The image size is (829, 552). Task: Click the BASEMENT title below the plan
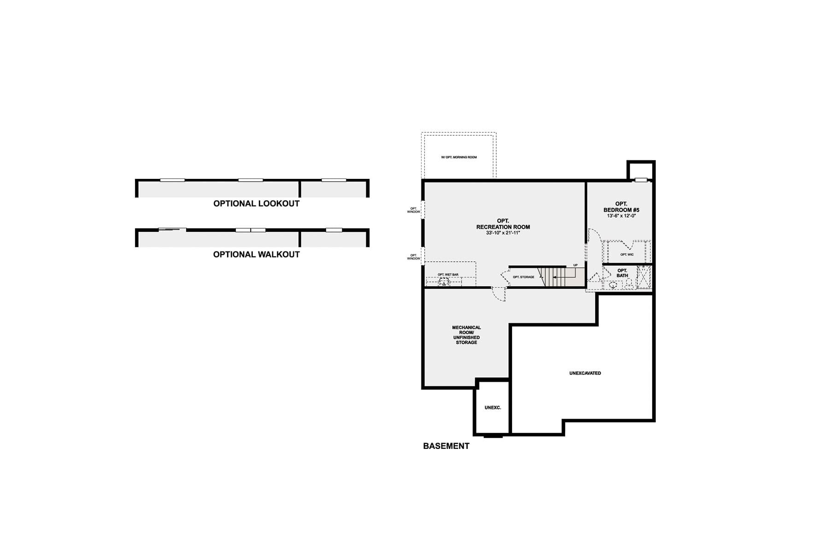tap(446, 446)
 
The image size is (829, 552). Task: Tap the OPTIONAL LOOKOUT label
tap(256, 203)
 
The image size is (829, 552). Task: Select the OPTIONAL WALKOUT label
tap(256, 254)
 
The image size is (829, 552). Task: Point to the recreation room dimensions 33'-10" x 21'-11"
tap(503, 233)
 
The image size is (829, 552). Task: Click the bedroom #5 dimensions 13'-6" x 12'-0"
tap(621, 216)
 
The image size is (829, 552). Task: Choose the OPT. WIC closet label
tap(627, 254)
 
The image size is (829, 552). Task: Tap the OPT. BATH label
tap(622, 273)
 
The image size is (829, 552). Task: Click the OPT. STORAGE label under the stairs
tap(524, 277)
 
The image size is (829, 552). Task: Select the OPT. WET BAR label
tap(448, 275)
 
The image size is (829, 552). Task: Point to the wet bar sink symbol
tap(444, 282)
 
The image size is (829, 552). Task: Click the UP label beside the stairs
tap(575, 265)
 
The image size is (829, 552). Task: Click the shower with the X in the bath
tap(643, 276)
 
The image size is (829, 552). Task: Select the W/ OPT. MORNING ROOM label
tap(459, 157)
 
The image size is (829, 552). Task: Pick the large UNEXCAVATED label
tap(585, 373)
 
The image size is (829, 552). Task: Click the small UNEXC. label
tap(493, 408)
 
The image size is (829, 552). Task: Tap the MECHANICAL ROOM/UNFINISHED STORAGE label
tap(466, 335)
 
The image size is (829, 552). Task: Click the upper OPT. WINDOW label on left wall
tap(414, 210)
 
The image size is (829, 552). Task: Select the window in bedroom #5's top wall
tap(641, 180)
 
